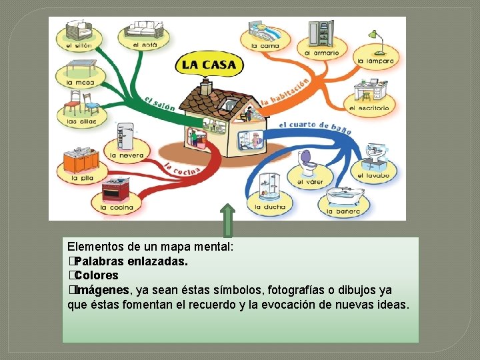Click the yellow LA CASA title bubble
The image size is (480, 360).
(209, 65)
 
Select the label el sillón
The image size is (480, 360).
(79, 45)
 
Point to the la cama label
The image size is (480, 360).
(265, 46)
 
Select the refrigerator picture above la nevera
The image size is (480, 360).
(125, 136)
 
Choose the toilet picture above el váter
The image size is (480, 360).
(309, 161)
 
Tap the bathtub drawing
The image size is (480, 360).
(344, 197)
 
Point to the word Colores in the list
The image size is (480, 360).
(97, 275)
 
